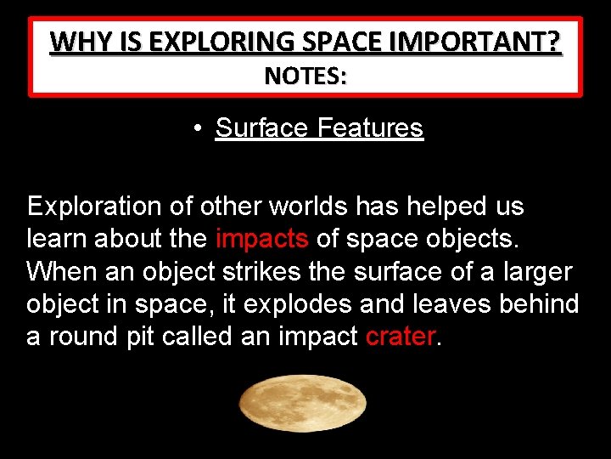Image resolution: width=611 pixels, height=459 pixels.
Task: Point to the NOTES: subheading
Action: (x=305, y=76)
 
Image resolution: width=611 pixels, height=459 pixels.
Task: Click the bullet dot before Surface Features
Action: (x=196, y=129)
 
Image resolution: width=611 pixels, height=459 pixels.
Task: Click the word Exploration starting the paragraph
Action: (x=94, y=207)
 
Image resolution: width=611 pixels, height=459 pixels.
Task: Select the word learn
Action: (x=57, y=239)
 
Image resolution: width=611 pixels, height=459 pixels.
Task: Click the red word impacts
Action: (x=261, y=239)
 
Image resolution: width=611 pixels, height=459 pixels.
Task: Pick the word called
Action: (x=199, y=336)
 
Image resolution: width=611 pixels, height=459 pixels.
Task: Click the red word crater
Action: (x=400, y=336)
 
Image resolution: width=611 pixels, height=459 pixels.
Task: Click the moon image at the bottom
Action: (x=303, y=405)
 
